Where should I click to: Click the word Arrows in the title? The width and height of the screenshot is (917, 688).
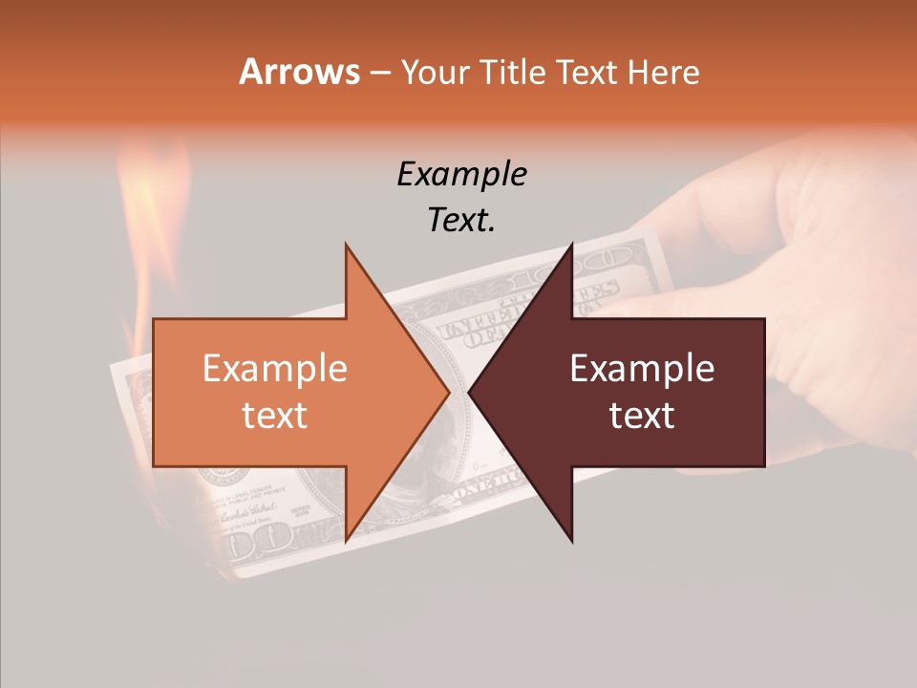click(x=299, y=72)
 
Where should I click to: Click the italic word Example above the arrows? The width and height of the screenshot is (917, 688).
click(x=461, y=174)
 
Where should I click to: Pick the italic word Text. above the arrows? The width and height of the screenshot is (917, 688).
click(x=461, y=220)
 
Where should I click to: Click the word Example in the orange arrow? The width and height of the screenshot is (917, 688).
click(x=274, y=369)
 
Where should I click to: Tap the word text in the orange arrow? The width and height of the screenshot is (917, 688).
click(x=274, y=416)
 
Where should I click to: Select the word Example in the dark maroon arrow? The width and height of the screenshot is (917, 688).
click(x=642, y=369)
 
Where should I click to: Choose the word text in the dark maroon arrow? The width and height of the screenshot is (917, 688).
click(x=642, y=416)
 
